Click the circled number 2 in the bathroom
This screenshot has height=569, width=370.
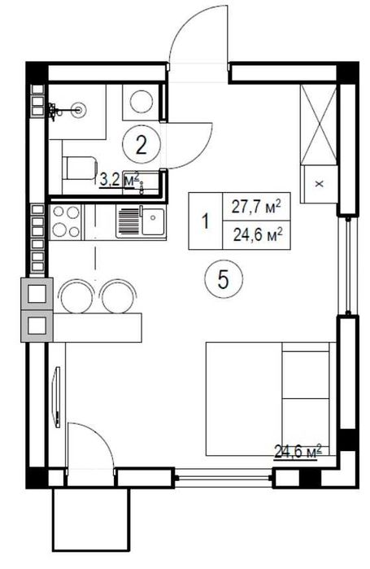tap(141, 146)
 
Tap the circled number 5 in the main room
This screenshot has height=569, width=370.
tap(224, 280)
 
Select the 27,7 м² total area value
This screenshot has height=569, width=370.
tap(257, 208)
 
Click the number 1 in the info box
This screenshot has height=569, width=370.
tap(206, 221)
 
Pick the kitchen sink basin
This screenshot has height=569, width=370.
tap(153, 221)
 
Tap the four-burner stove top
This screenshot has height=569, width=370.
tap(67, 221)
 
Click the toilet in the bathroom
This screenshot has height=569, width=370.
tap(80, 168)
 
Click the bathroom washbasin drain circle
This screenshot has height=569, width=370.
tap(78, 109)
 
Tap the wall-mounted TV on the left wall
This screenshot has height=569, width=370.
tap(57, 397)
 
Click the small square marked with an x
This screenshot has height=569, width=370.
tap(319, 184)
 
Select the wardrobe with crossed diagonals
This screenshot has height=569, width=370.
tap(319, 125)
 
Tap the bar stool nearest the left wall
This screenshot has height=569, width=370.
tap(76, 295)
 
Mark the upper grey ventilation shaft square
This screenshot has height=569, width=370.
tap(37, 294)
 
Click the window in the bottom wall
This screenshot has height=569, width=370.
tap(224, 478)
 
